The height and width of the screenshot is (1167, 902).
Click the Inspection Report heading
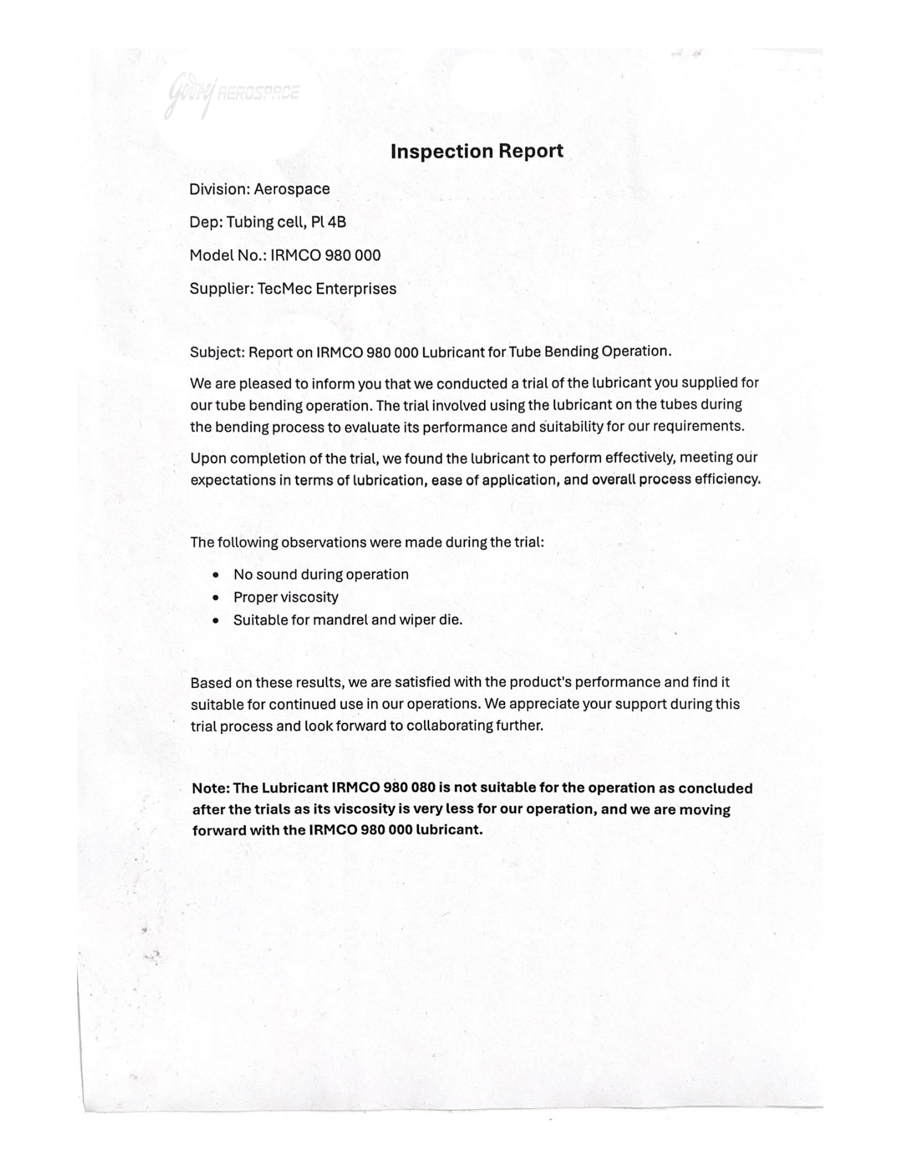pyautogui.click(x=476, y=151)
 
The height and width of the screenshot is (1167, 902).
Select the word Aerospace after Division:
pyautogui.click(x=291, y=189)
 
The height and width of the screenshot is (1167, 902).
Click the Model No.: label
pyautogui.click(x=227, y=256)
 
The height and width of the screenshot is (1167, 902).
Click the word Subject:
pyautogui.click(x=217, y=352)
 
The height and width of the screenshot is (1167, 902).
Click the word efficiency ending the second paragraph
pyautogui.click(x=726, y=480)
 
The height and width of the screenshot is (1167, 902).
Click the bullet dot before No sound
pyautogui.click(x=217, y=575)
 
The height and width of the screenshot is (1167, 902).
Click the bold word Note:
pyautogui.click(x=211, y=788)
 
